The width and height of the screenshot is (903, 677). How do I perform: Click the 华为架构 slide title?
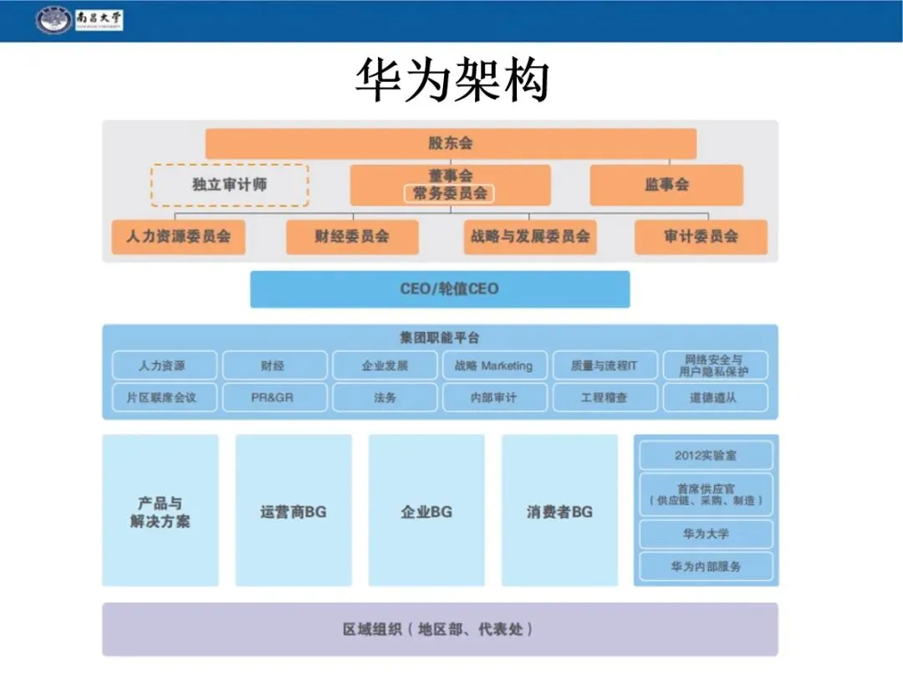[x=451, y=81]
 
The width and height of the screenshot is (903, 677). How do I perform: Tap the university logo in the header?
[x=54, y=20]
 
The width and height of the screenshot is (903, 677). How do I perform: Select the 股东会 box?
[x=451, y=143]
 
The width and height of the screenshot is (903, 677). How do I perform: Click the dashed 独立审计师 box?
[x=229, y=185]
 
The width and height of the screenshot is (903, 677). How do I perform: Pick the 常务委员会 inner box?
[x=450, y=193]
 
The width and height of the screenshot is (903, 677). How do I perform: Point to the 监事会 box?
[x=666, y=185]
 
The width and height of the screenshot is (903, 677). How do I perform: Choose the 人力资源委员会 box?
[x=178, y=237]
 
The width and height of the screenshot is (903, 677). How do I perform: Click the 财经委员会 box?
[x=352, y=237]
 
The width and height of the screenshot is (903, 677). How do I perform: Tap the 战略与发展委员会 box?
[x=530, y=237]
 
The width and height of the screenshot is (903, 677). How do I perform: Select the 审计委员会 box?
[x=701, y=237]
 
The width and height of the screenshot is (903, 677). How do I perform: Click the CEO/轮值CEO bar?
[x=440, y=289]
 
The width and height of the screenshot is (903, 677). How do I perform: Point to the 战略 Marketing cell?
[x=494, y=365]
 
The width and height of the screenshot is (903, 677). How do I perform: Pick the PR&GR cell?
[x=274, y=398]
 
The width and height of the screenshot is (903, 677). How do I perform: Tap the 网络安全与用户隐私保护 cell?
[x=715, y=365]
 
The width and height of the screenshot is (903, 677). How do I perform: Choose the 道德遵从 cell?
[x=715, y=398]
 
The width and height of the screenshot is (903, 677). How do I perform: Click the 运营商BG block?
[x=293, y=511]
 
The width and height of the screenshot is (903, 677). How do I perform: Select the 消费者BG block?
[x=559, y=511]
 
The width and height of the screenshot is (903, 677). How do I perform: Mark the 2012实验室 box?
[x=706, y=456]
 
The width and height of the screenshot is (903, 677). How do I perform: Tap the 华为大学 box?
[x=706, y=533]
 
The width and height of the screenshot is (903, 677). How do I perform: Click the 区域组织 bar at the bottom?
[x=440, y=629]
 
